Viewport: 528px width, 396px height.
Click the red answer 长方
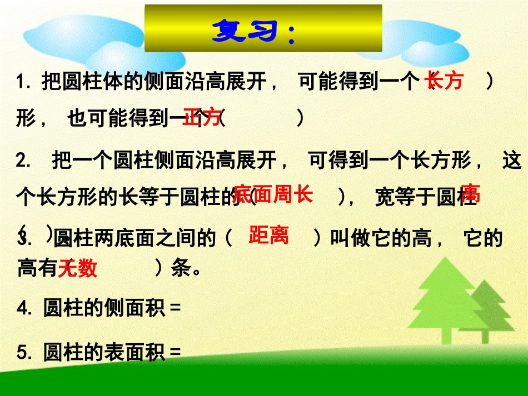point(444,82)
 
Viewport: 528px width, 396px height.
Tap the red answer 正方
point(201,117)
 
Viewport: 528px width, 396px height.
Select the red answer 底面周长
point(273,195)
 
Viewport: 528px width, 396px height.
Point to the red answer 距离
point(268,235)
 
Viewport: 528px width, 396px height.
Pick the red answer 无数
point(78,269)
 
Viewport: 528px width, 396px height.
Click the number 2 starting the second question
point(22,162)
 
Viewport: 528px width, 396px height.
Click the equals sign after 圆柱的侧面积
point(176,309)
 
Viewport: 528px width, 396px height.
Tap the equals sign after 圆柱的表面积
point(176,352)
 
